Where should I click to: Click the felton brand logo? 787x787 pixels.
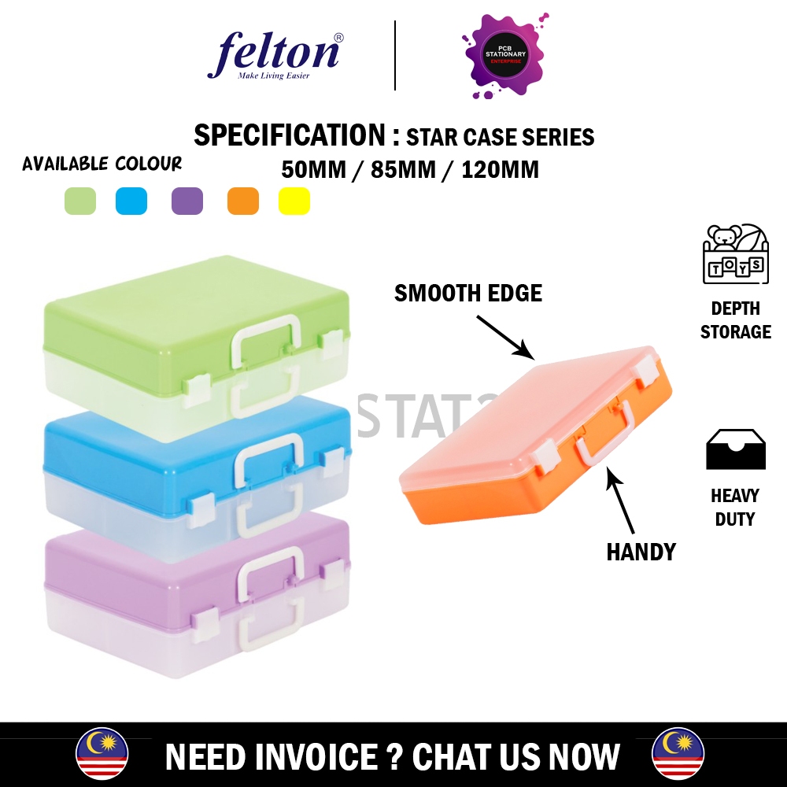273,55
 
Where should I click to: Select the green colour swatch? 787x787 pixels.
80,201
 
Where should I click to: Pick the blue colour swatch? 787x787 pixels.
131,201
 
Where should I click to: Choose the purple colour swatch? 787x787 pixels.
187,201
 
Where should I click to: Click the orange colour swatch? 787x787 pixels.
243,201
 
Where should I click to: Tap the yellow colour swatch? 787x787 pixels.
294,201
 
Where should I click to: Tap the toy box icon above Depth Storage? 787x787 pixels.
735,253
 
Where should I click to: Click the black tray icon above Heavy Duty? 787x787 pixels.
735,449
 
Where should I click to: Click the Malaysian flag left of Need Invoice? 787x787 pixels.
102,754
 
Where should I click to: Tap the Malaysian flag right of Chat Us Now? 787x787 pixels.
678,754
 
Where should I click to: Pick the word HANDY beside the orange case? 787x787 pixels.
641,552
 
